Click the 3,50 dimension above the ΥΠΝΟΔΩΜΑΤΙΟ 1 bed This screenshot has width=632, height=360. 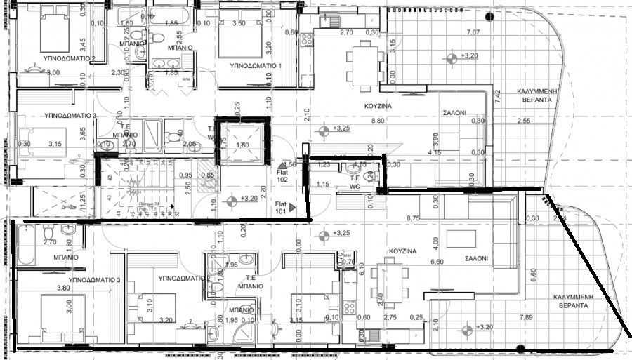(239, 23)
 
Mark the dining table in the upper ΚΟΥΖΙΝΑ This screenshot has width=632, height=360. (363, 64)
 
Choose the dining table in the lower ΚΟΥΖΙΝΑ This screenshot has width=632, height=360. (388, 280)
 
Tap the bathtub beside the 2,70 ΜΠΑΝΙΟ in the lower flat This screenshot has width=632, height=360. (25, 243)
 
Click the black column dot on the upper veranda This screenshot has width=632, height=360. (489, 16)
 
